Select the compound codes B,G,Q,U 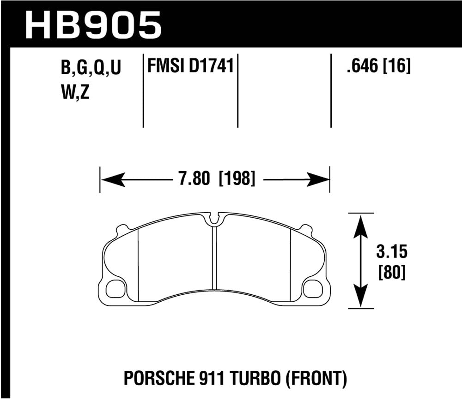(91, 68)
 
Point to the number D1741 (211, 66)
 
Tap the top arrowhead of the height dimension (361, 224)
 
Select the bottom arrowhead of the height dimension (361, 298)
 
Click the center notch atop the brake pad (214, 219)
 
